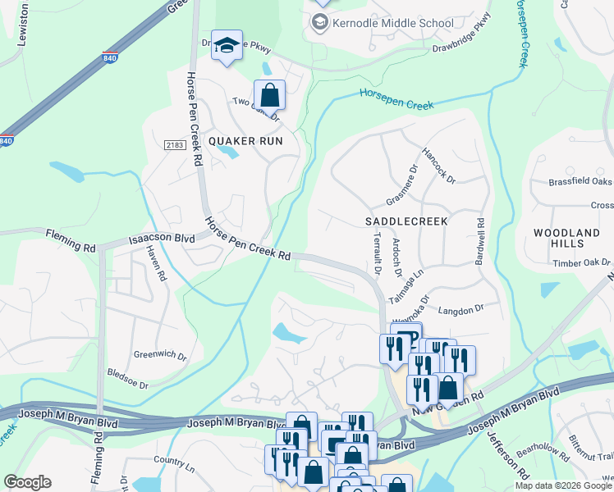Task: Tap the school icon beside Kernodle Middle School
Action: coord(318,23)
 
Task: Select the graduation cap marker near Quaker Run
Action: coord(227,46)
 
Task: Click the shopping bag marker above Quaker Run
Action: coord(269,95)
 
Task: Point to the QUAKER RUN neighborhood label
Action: coord(245,141)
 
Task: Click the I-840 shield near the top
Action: coord(110,58)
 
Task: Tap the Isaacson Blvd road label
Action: coord(161,240)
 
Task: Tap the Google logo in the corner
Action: coord(27,482)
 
